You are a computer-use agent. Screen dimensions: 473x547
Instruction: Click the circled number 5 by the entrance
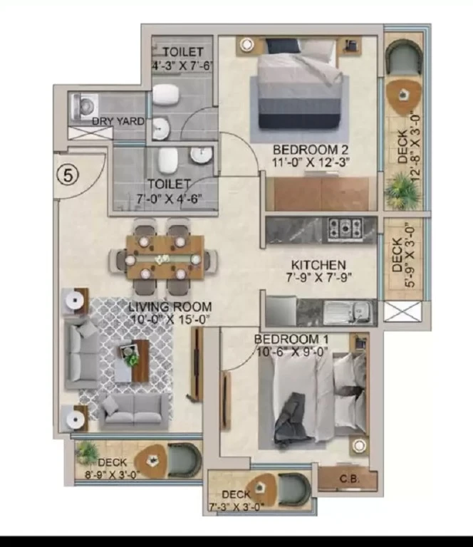point(68,174)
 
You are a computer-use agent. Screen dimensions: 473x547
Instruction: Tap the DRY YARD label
point(118,121)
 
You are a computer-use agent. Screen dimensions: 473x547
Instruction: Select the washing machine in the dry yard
point(84,106)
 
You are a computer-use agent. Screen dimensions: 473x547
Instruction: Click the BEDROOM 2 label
point(311,150)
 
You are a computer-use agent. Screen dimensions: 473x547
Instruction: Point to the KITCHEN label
point(318,265)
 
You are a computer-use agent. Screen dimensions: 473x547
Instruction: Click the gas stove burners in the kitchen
point(345,228)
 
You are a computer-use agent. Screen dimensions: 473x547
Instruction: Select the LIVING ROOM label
point(170,307)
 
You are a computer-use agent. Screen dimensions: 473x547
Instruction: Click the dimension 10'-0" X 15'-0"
point(170,319)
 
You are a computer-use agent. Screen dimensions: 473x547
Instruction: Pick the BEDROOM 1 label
point(291,339)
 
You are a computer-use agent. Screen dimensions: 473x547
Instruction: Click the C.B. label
point(349,479)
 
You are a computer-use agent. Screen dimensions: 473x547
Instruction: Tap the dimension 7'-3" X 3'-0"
point(236,506)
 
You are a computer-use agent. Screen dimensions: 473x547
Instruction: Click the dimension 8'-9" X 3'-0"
point(113,474)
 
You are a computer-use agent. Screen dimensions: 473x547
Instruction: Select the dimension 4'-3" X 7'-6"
point(182,66)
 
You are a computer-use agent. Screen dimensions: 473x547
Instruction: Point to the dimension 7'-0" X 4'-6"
point(169,199)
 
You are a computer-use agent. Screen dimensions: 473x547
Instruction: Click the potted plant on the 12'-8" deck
point(402,191)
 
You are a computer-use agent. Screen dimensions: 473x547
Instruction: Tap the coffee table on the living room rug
point(132,361)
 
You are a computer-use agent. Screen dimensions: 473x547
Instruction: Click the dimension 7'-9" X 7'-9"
point(318,277)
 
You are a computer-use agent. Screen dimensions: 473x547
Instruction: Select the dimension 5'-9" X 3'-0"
point(410,255)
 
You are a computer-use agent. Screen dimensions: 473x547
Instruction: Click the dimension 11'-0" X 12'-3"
point(311,162)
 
